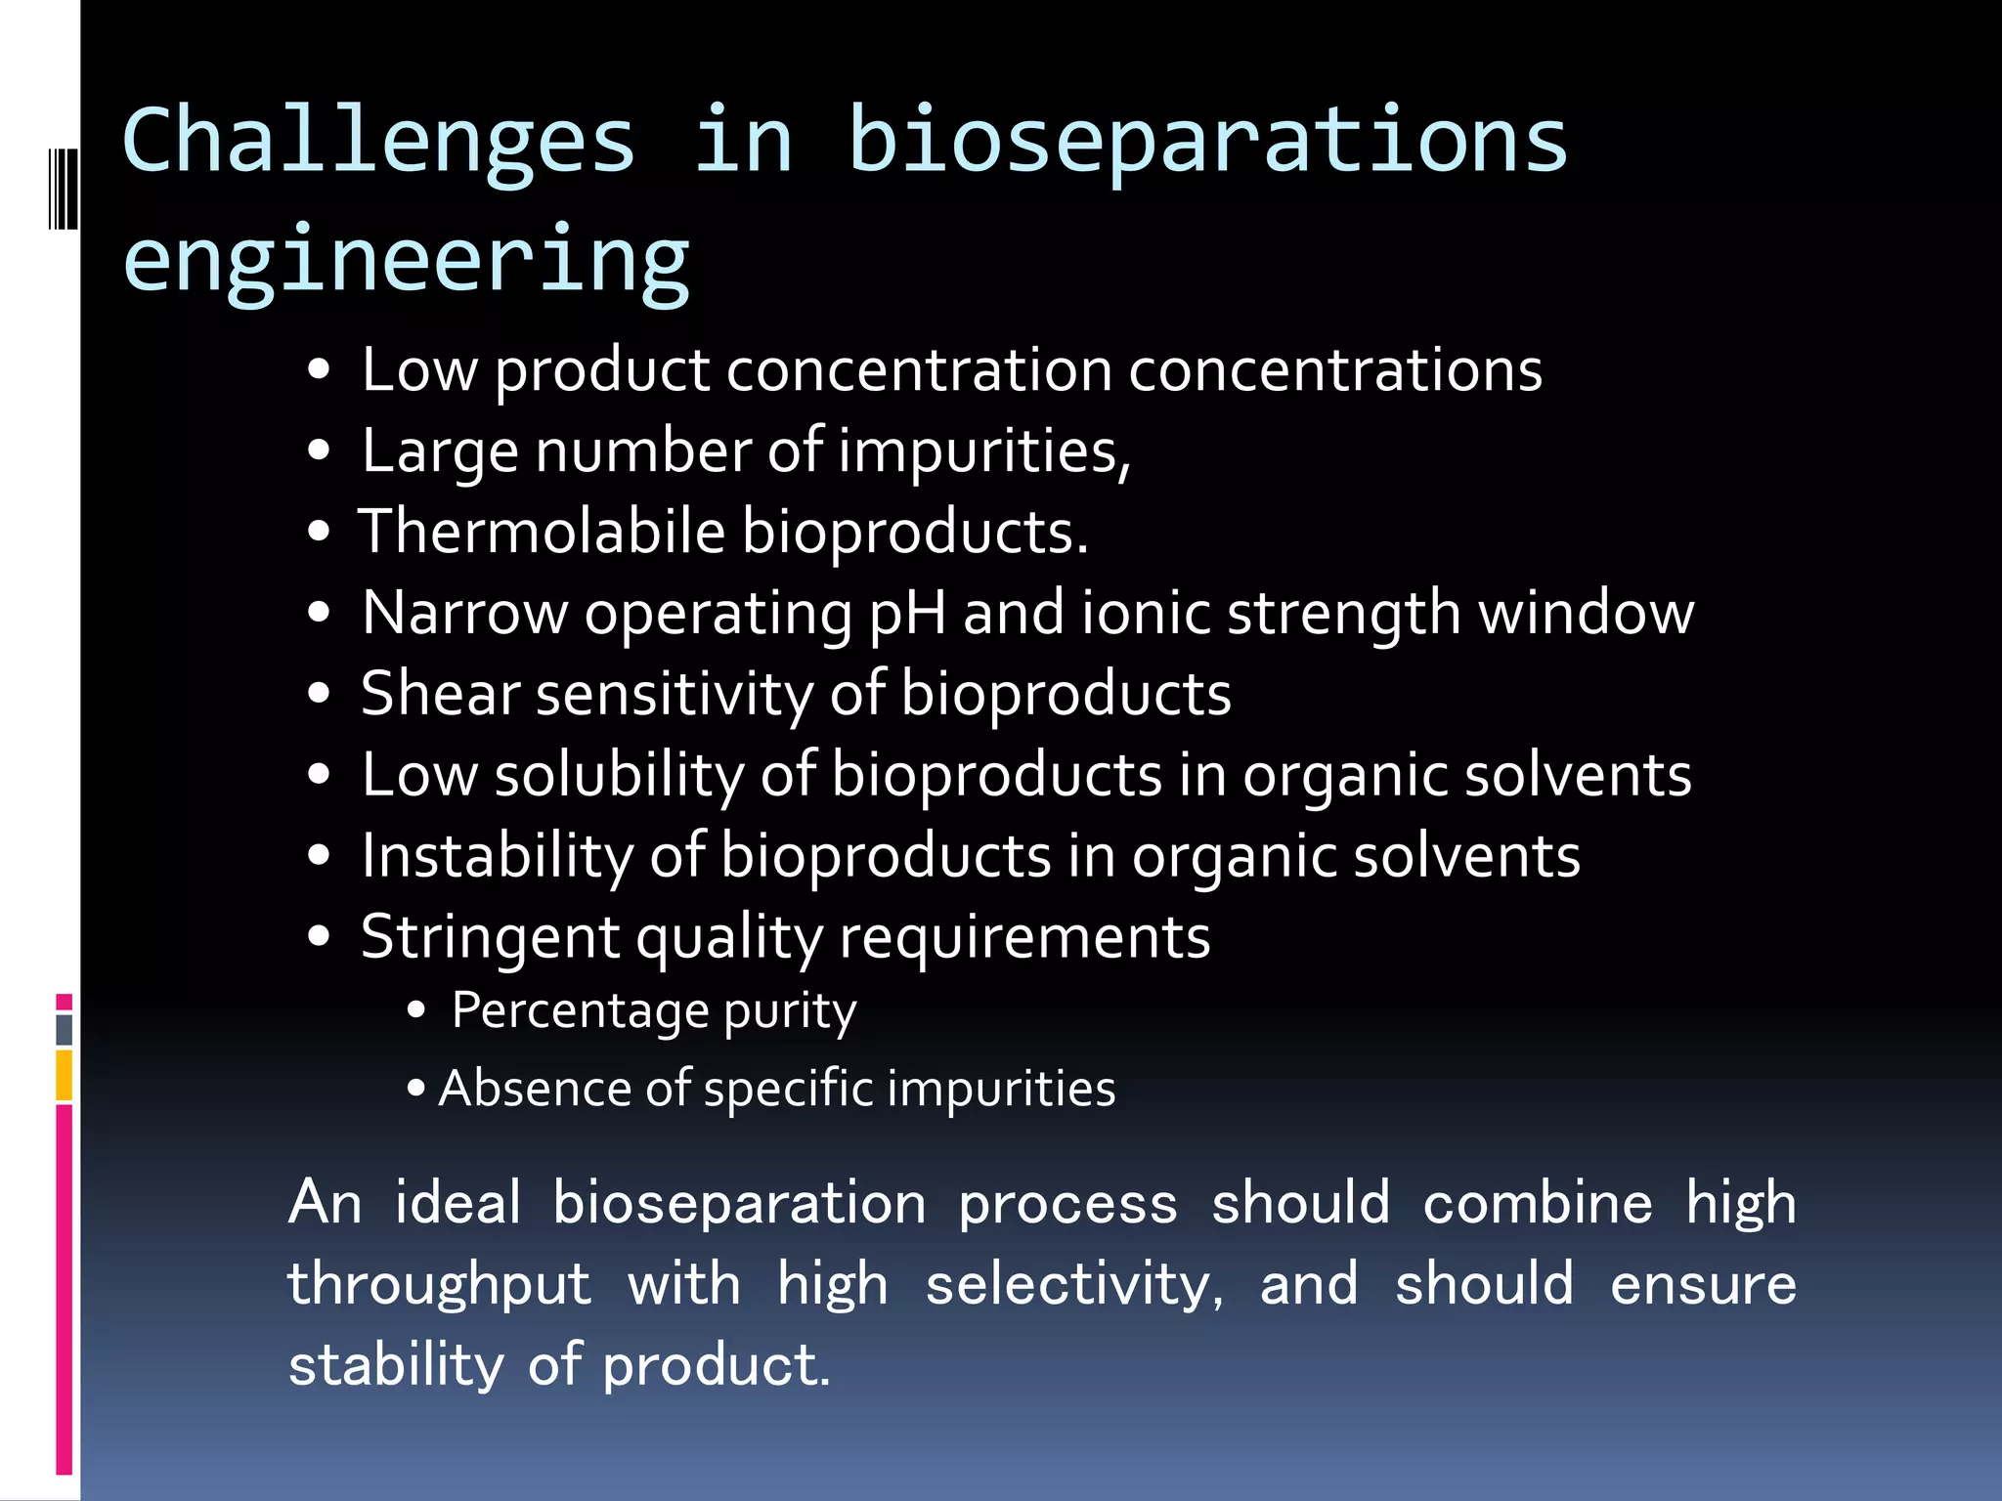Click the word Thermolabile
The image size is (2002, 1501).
point(542,533)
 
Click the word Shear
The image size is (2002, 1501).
point(440,694)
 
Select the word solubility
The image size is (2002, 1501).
point(620,775)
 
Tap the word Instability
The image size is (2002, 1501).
point(498,856)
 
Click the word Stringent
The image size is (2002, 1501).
point(490,937)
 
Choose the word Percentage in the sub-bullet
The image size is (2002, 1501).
point(580,1010)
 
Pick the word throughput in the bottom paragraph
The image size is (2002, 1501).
point(439,1284)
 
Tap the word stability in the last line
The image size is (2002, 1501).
point(396,1365)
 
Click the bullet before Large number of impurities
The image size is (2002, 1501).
point(319,452)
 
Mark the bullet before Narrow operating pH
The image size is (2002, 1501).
point(319,614)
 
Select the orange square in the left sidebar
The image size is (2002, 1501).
point(64,1074)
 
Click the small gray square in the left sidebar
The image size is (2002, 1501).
point(64,1029)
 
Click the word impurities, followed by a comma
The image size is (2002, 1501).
point(984,452)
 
